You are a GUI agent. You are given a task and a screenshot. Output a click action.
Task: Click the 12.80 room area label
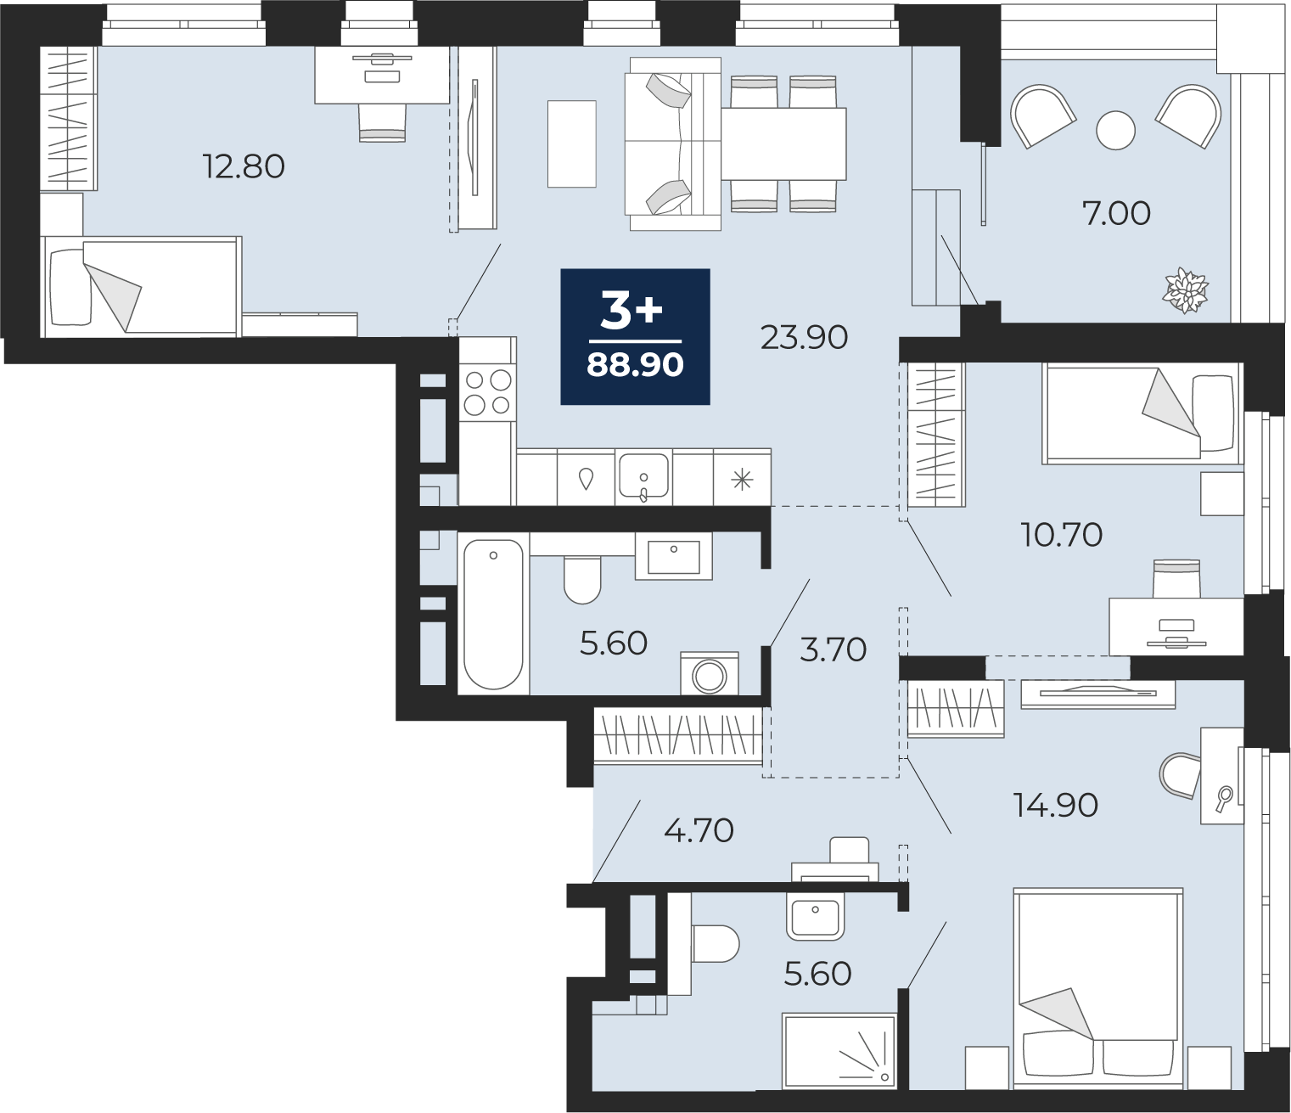pos(244,166)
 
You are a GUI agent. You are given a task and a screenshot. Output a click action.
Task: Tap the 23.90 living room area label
pos(804,338)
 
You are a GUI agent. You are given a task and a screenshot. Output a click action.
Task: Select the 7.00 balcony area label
pos(1116,214)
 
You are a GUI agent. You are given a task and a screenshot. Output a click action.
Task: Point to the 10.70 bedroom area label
pos(1061,535)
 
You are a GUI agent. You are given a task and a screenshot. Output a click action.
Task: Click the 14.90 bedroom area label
pos(1056,806)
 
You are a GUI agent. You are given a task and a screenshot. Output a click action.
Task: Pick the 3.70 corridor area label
pos(834,650)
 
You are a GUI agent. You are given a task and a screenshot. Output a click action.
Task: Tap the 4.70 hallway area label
pos(699,831)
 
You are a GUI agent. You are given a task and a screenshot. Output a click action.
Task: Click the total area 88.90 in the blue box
pos(635,365)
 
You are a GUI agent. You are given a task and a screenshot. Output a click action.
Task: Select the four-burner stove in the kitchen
pos(488,392)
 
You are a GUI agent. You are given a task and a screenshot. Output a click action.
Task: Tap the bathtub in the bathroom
pos(493,614)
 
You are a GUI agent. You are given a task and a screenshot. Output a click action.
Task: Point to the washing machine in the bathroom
pos(710,673)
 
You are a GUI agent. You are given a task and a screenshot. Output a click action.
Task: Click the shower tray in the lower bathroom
pos(839,1050)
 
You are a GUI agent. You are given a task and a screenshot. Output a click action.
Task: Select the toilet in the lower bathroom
pos(716,944)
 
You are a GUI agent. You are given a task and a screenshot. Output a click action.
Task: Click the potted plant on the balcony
pos(1185,289)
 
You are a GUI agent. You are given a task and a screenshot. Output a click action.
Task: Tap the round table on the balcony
pos(1115,131)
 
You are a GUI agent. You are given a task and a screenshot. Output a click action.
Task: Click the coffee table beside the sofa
pos(571,143)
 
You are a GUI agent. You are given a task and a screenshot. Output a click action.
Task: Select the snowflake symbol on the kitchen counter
pos(742,480)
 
